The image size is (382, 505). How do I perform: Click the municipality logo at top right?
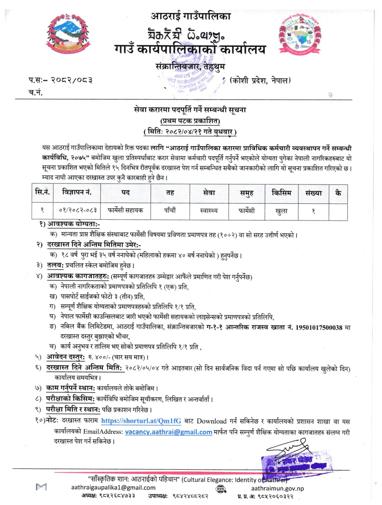coord(300,35)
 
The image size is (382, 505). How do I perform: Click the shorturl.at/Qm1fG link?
coord(141,421)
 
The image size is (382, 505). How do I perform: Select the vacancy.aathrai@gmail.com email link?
coord(168,432)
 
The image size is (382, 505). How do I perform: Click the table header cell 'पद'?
coord(125,193)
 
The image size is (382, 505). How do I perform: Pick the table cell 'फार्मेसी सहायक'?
coord(125,210)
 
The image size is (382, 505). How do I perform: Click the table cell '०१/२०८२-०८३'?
coord(78,210)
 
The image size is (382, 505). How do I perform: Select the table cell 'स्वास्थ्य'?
coord(209,210)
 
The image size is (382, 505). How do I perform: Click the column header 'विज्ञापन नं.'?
coord(77,192)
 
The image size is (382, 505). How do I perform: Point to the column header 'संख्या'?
coord(313,193)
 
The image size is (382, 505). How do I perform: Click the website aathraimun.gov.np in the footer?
coord(277,488)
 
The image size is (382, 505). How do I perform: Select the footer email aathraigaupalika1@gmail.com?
coord(113,487)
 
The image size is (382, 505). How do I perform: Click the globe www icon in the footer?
coord(221,489)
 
